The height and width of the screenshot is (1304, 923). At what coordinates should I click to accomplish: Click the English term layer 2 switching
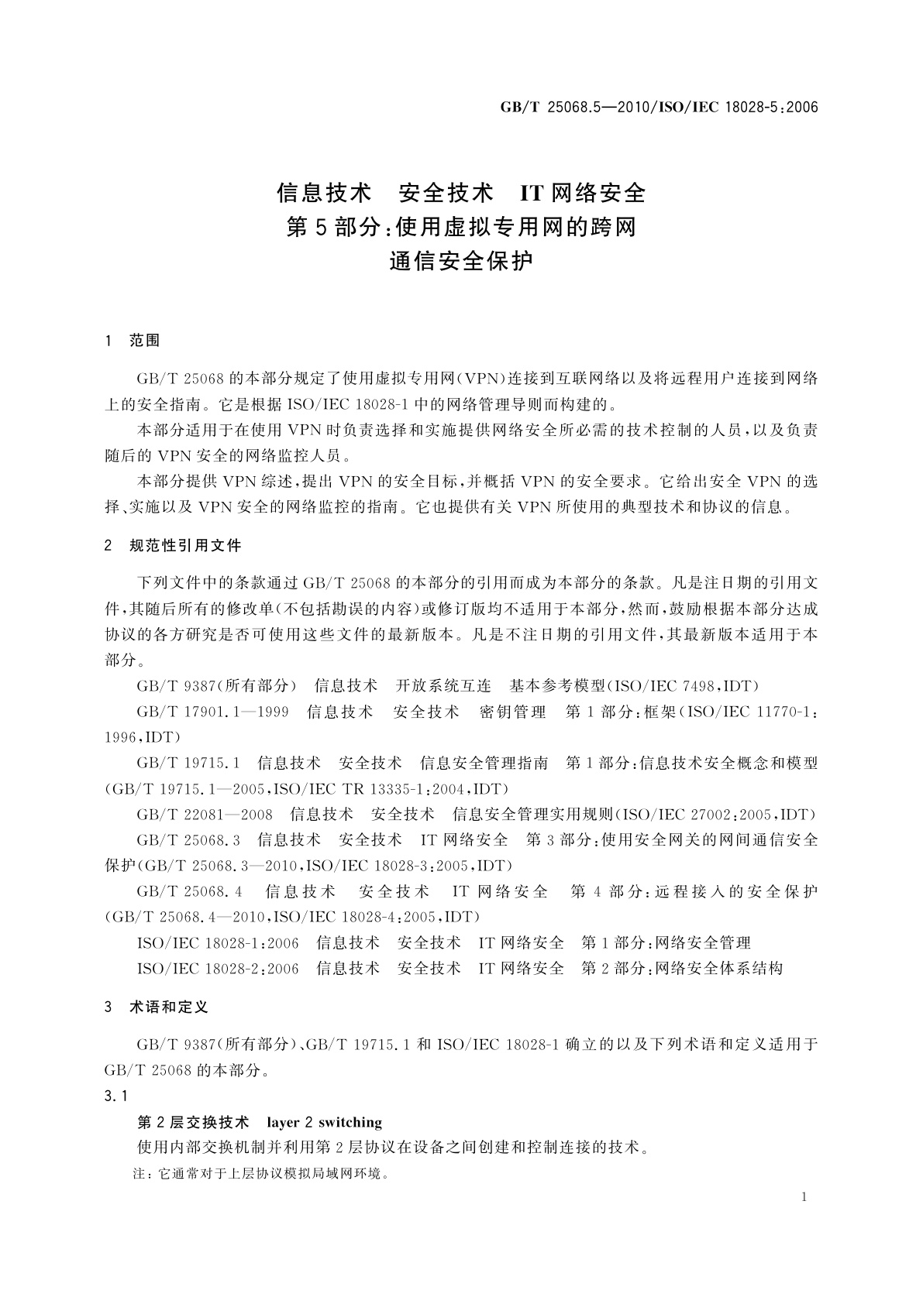pyautogui.click(x=325, y=1122)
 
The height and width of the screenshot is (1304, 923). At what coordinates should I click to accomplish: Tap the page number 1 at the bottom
pyautogui.click(x=804, y=1197)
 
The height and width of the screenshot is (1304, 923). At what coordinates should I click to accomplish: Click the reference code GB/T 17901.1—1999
pyautogui.click(x=212, y=712)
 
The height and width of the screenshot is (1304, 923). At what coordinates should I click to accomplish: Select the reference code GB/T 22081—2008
pyautogui.click(x=205, y=815)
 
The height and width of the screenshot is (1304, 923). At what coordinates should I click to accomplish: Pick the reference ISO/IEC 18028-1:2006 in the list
pyautogui.click(x=218, y=943)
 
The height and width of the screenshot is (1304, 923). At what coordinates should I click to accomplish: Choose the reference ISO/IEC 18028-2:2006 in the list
pyautogui.click(x=218, y=969)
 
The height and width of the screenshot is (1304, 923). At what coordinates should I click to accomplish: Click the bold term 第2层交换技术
pyautogui.click(x=193, y=1122)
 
